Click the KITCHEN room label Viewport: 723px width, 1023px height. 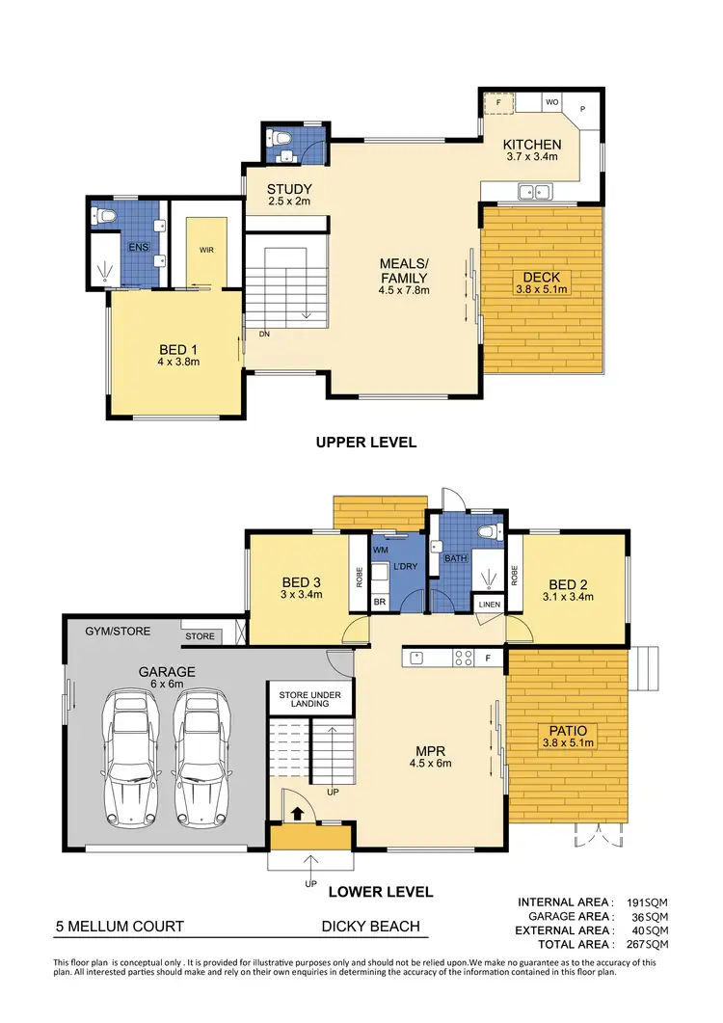pyautogui.click(x=532, y=145)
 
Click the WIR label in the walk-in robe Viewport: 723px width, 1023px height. pyautogui.click(x=206, y=249)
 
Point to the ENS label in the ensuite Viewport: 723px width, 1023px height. pyautogui.click(x=139, y=247)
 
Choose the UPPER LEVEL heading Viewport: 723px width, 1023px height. pyautogui.click(x=366, y=443)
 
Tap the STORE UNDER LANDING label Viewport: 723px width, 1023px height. pyautogui.click(x=304, y=699)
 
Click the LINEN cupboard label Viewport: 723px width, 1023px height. pyautogui.click(x=489, y=604)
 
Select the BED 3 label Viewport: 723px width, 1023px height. pyautogui.click(x=302, y=582)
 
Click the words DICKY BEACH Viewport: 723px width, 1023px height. pyautogui.click(x=370, y=927)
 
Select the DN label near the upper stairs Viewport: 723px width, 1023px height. pyautogui.click(x=263, y=335)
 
